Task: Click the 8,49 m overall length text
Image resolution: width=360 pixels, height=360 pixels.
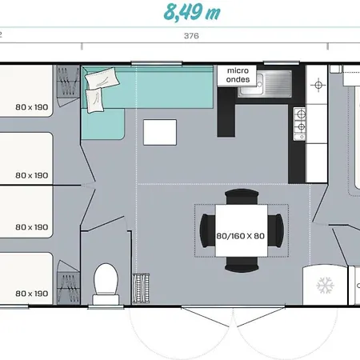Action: [x=192, y=12]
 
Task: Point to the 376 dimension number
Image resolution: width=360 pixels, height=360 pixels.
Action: [x=191, y=36]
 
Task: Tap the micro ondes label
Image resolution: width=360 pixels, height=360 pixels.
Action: [x=238, y=75]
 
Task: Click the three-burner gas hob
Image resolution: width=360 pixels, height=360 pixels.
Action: [x=300, y=124]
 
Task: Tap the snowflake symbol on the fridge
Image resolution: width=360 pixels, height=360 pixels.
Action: [x=325, y=286]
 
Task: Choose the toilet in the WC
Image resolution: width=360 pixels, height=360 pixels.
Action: [x=106, y=284]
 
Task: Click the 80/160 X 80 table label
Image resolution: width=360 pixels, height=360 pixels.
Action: [x=240, y=236]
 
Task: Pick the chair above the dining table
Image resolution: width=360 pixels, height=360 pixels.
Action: [x=242, y=197]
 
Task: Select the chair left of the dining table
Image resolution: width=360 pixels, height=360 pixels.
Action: [x=208, y=230]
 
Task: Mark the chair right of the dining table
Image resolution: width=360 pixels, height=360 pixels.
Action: [x=275, y=230]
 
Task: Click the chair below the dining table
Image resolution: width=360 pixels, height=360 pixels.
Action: [x=242, y=264]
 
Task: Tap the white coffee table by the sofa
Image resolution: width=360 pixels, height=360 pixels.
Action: [x=160, y=133]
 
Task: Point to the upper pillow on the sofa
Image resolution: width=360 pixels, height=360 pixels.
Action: [x=102, y=78]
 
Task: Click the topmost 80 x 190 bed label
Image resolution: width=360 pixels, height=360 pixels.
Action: [x=32, y=107]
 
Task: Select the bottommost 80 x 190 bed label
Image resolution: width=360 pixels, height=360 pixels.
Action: [x=32, y=294]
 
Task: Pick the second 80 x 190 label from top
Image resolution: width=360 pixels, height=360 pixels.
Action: [x=32, y=175]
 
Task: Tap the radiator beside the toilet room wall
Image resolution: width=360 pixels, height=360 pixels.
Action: [x=141, y=289]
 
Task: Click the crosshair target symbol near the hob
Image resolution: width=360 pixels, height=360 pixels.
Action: [x=318, y=86]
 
